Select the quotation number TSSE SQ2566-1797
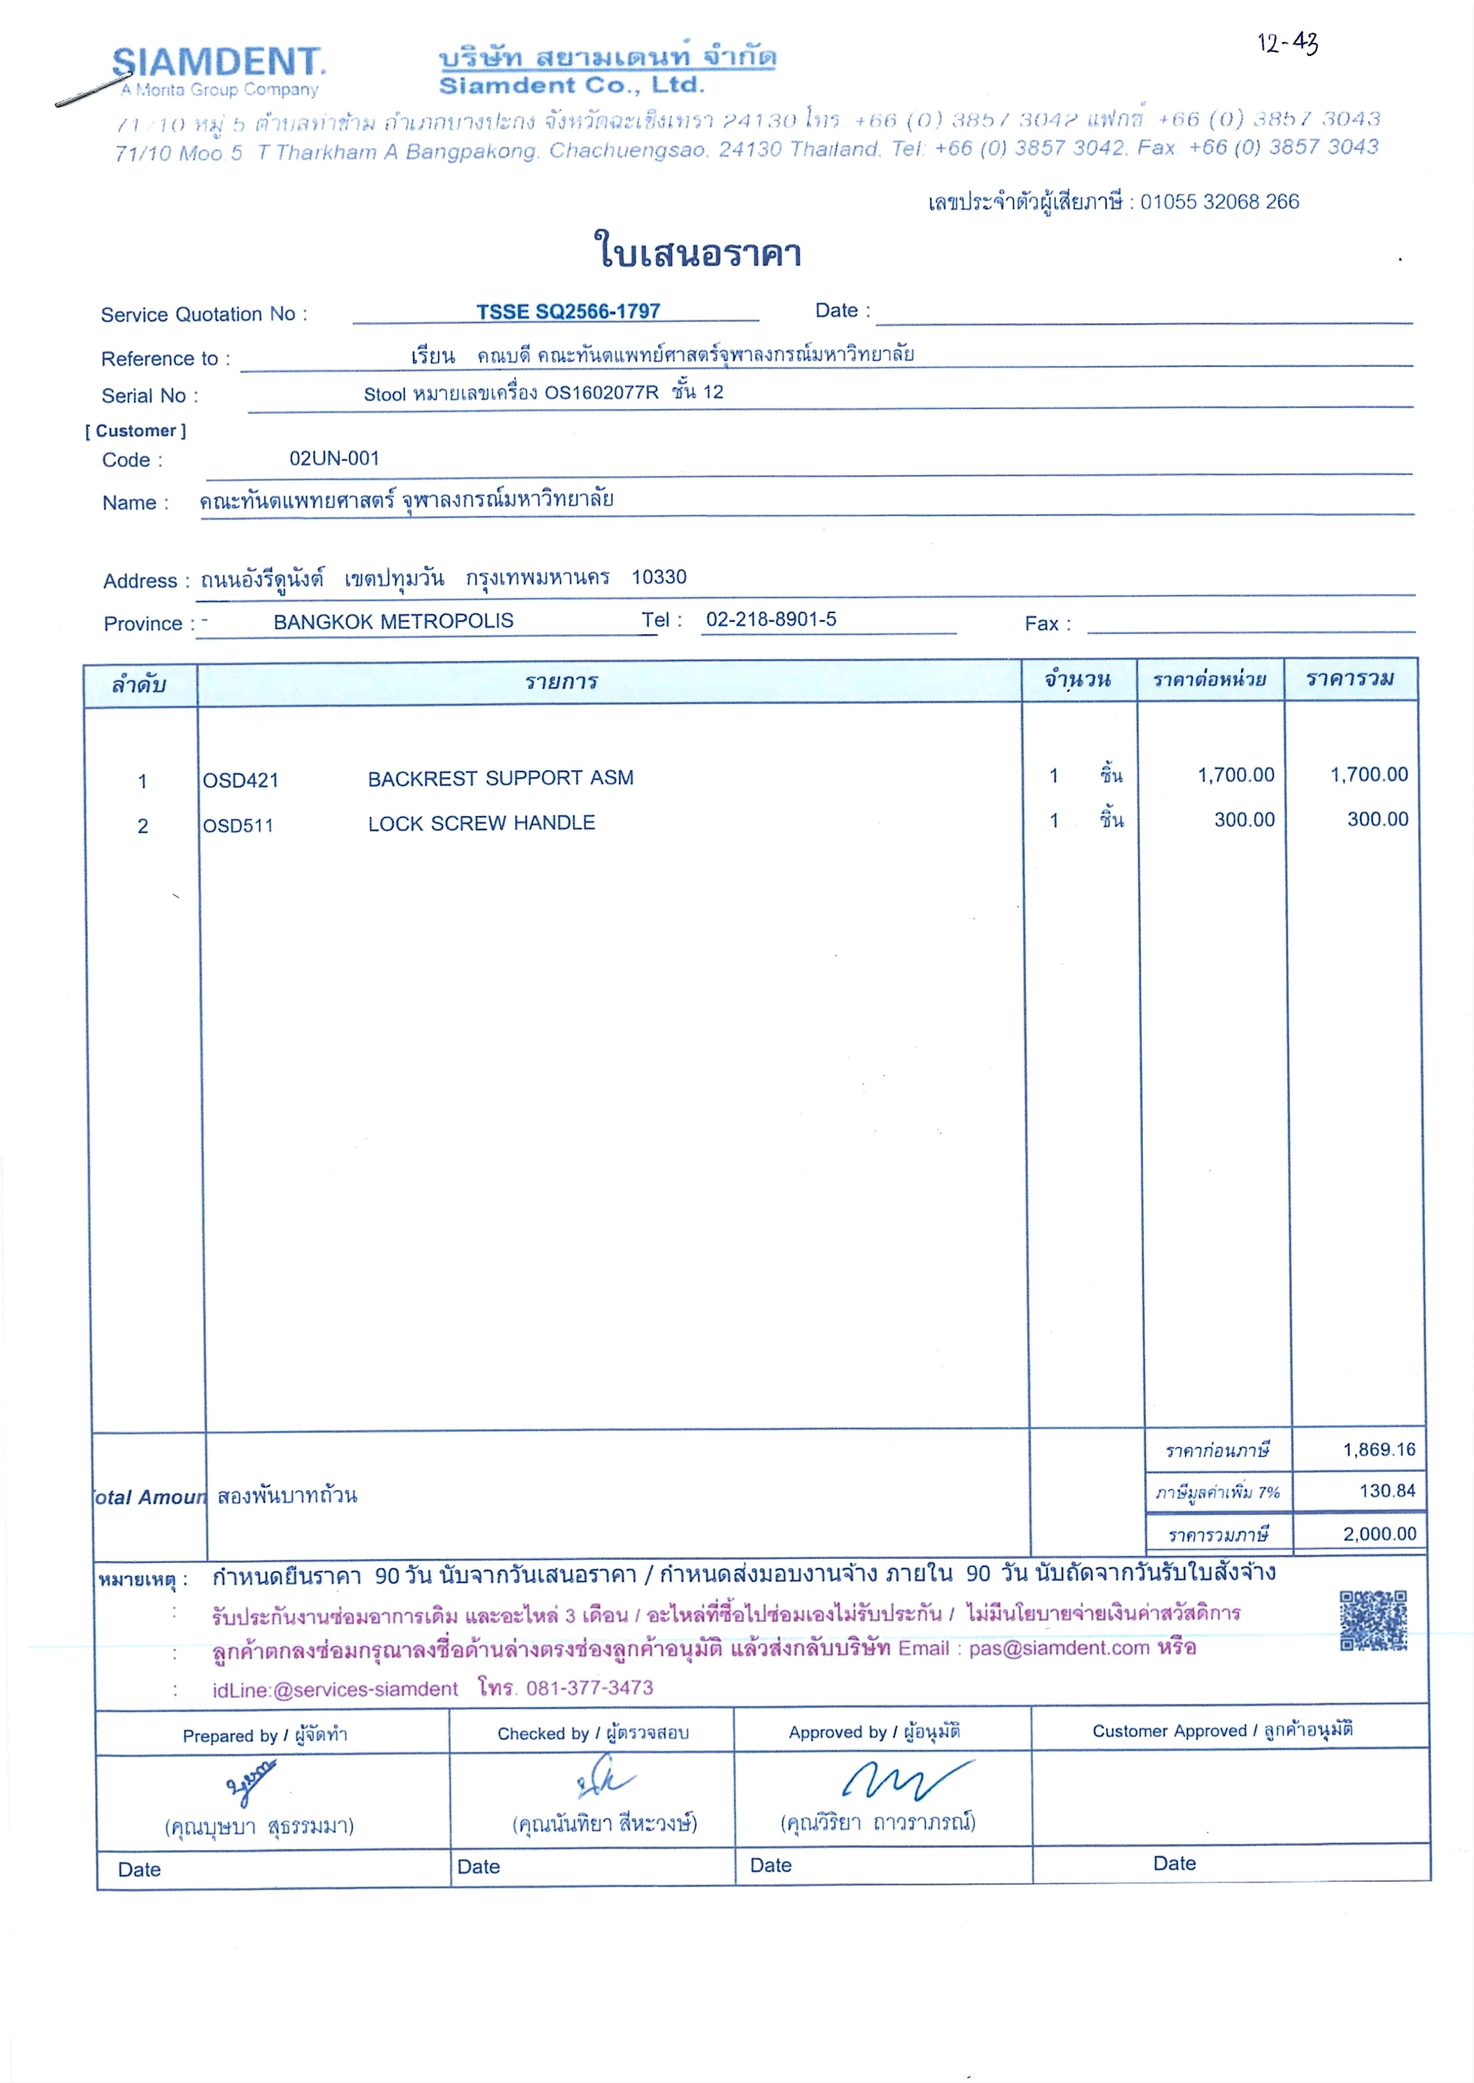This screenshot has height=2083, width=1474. pos(568,311)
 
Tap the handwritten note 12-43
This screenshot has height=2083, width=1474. pos(1287,43)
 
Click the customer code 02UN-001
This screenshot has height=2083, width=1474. pos(334,458)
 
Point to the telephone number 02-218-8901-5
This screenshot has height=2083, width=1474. pos(771,619)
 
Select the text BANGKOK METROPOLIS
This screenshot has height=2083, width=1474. pos(393,621)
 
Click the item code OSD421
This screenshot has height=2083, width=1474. pos(241,781)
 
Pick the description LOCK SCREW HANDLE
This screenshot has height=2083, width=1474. pos(481,823)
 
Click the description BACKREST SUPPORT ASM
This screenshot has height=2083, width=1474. pos(500,778)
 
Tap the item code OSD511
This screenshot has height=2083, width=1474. pos(238,826)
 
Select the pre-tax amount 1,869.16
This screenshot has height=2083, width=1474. pos(1379,1449)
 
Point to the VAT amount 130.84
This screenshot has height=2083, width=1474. pos(1387,1490)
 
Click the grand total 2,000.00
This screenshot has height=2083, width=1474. pos(1379,1534)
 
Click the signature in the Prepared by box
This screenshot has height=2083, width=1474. pos(250,1781)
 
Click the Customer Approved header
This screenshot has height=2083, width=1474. pos(1221,1730)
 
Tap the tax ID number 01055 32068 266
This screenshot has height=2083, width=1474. pos(1219,202)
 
